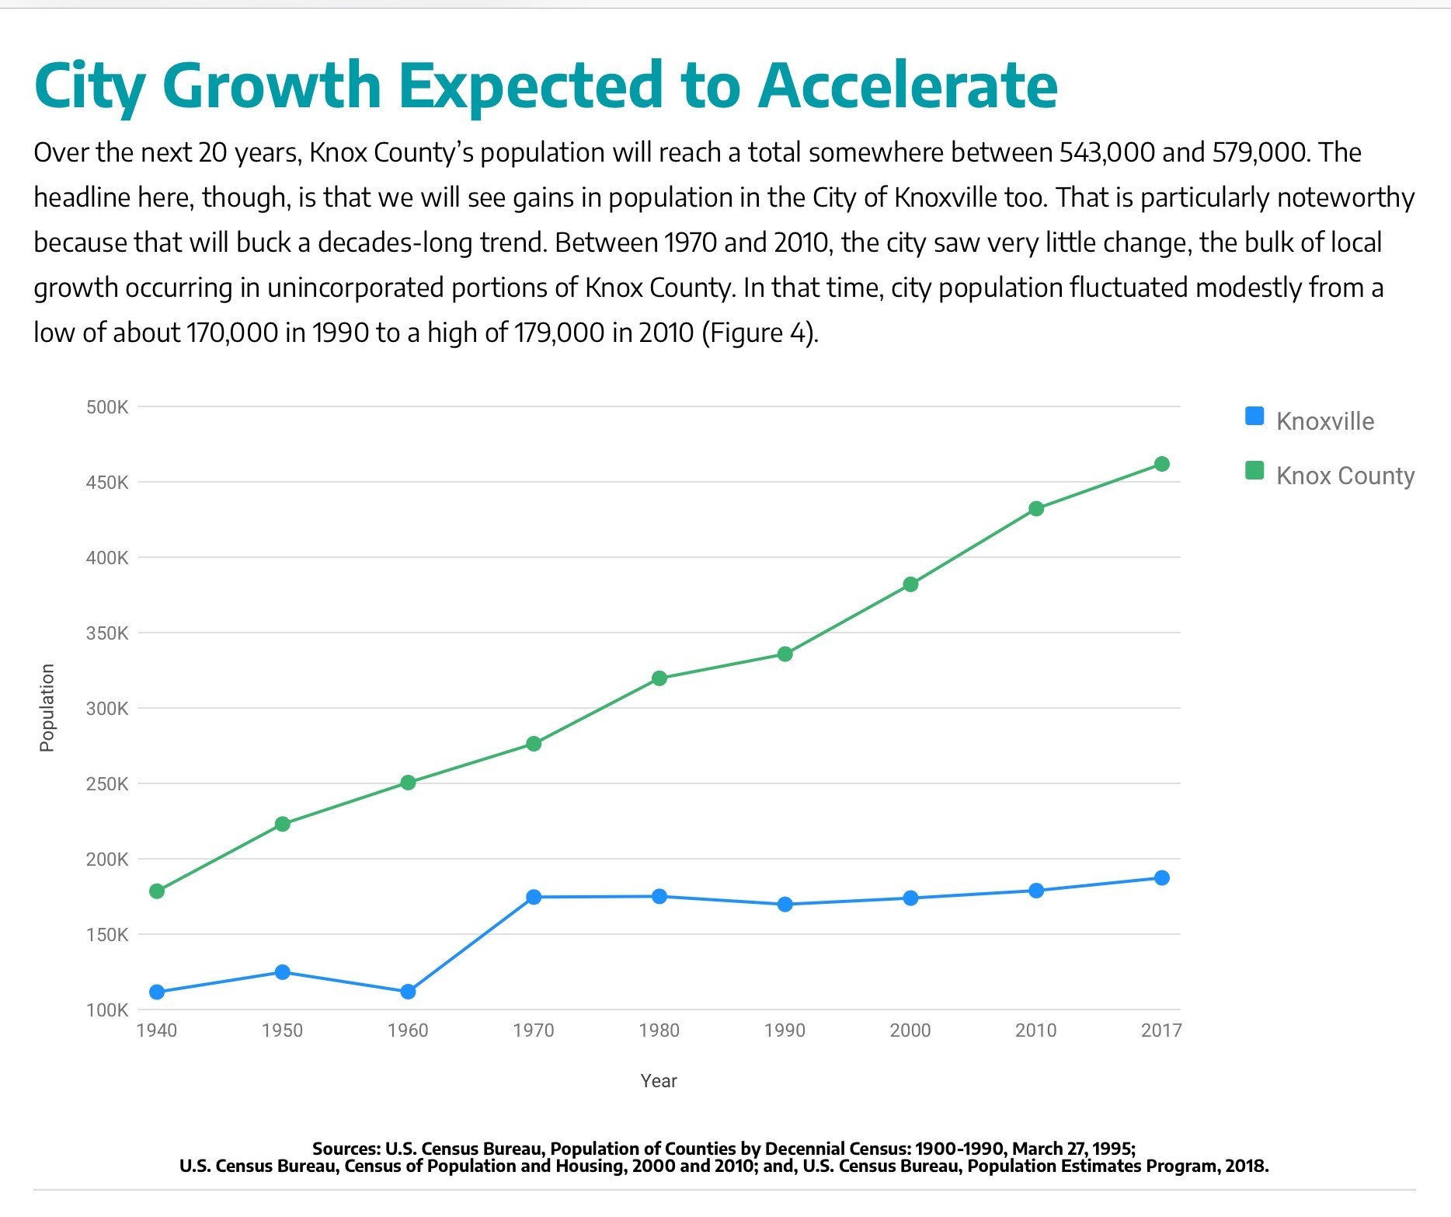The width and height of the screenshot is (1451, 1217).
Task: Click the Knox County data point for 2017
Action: tap(1162, 464)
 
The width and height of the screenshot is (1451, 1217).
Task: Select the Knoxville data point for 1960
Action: tap(408, 992)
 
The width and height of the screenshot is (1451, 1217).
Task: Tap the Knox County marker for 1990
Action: tap(785, 654)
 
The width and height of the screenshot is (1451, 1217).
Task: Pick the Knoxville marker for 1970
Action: tap(534, 898)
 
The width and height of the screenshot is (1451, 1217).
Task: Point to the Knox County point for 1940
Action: tap(157, 891)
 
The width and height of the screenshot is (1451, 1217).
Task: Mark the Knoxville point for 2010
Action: tap(1036, 891)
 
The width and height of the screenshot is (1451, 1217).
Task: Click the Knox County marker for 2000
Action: tap(911, 584)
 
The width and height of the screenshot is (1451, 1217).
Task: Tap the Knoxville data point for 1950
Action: tap(283, 972)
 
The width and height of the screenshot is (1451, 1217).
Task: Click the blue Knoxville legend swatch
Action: tap(1254, 416)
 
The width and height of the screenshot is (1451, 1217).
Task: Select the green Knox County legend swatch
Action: tap(1254, 470)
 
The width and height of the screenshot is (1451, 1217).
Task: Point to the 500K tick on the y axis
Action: tap(107, 407)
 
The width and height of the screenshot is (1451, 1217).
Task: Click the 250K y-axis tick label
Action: tap(107, 784)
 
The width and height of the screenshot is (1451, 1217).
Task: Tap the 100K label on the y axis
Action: tap(107, 1010)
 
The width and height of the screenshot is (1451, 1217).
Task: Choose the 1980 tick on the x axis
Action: tap(659, 1030)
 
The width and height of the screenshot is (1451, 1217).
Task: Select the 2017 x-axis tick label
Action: tap(1161, 1030)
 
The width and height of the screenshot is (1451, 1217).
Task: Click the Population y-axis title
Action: tap(47, 708)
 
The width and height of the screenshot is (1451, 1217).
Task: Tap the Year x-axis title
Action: tap(659, 1081)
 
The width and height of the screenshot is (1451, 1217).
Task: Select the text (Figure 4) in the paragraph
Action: tap(760, 333)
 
